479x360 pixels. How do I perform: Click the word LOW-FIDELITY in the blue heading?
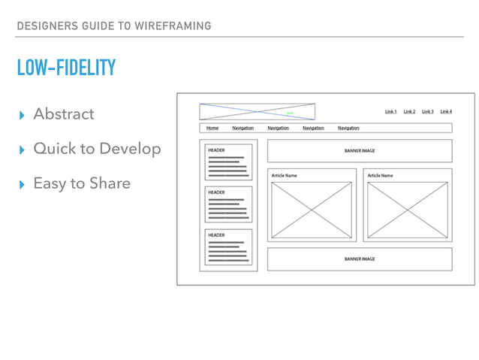(67, 68)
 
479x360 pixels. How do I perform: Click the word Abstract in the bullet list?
(64, 114)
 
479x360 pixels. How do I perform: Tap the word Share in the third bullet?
(110, 183)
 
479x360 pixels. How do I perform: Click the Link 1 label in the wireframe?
(390, 112)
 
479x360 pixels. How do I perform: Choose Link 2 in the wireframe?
(409, 112)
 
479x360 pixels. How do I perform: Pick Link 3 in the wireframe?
(427, 112)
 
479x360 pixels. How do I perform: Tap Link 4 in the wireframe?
(446, 112)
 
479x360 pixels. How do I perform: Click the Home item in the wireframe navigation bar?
(212, 128)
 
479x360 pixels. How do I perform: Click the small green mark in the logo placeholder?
(291, 113)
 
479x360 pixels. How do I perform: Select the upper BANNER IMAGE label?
(360, 150)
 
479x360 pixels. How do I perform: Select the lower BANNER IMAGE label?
(360, 259)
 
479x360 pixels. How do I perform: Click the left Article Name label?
(285, 175)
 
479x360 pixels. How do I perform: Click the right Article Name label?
(380, 175)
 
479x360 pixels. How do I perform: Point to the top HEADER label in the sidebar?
(216, 150)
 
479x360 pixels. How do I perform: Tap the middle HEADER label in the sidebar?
(216, 192)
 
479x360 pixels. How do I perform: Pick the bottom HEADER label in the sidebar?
(216, 235)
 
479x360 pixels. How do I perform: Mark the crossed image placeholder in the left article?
(312, 209)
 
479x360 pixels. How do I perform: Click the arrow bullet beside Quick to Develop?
(21, 149)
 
